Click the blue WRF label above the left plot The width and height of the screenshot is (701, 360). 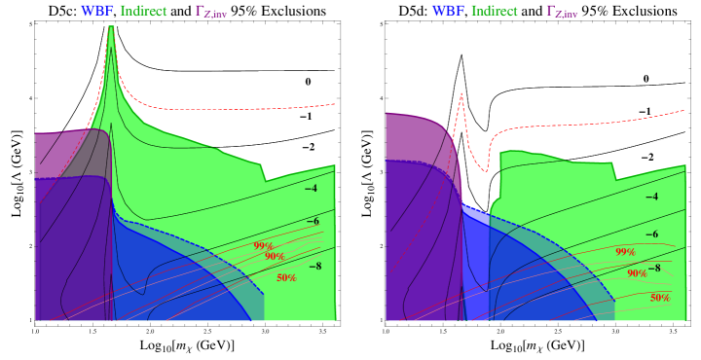coord(97,12)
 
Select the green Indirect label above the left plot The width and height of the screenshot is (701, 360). coord(143,12)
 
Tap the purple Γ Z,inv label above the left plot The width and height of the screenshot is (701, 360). coord(211,12)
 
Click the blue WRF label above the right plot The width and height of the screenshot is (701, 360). coord(448,12)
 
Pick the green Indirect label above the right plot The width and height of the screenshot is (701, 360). coord(494,12)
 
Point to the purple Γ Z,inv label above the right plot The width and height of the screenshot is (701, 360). coord(562,12)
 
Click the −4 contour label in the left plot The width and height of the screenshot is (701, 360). coord(312,189)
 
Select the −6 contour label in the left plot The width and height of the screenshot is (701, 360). coord(313,222)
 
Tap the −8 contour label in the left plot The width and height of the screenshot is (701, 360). coord(314,265)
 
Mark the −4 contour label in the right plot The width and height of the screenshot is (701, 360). coord(652,197)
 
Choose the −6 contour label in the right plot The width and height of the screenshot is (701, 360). coord(652,234)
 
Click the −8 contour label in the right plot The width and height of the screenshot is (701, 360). coord(654,268)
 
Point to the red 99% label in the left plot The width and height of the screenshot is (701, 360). coord(263,246)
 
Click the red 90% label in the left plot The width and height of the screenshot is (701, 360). coord(275,257)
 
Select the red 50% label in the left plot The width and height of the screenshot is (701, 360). coord(286,278)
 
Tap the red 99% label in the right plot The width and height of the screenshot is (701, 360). coord(625,252)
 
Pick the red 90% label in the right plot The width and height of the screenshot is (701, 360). coord(637,274)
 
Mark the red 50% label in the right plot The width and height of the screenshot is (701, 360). coord(659,298)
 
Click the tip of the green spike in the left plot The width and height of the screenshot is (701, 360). coord(111,27)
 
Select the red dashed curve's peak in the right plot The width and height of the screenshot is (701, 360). coord(461,92)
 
